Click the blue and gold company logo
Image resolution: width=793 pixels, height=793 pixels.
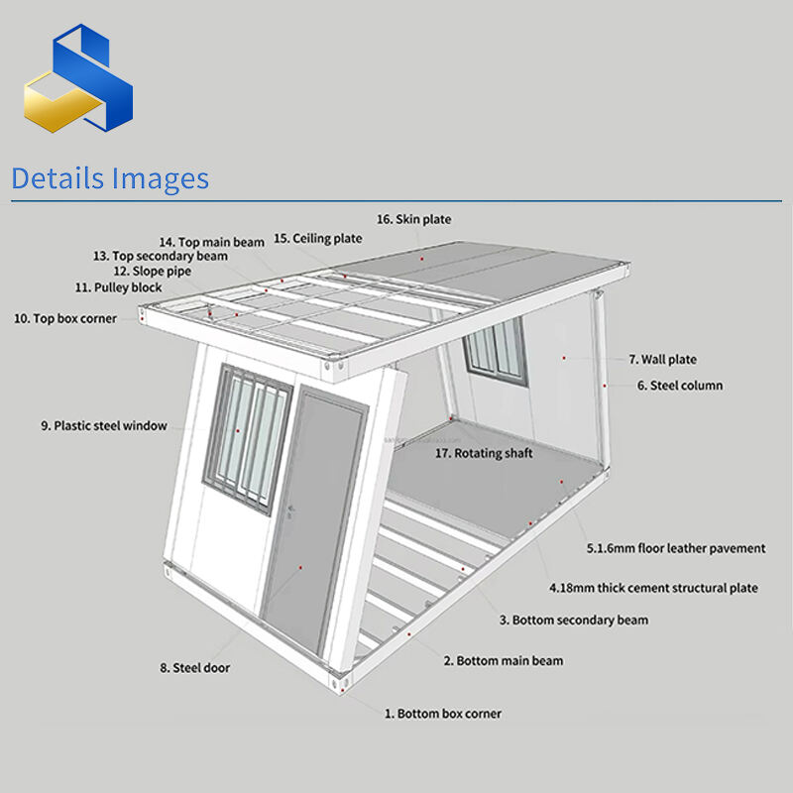pos(78,78)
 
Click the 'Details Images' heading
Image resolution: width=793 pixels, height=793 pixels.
pos(110,178)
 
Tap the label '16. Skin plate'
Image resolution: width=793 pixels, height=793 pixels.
pos(413,219)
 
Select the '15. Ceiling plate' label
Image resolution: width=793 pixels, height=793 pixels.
pos(317,238)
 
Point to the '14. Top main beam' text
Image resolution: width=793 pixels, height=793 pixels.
pos(212,242)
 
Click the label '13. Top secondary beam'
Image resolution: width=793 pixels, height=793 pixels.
pos(161,256)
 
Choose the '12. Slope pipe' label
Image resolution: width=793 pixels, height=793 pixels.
pos(153,271)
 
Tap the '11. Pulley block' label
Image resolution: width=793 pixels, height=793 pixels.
pos(118,287)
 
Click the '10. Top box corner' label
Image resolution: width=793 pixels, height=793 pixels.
pos(65,318)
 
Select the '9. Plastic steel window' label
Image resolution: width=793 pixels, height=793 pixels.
pos(104,426)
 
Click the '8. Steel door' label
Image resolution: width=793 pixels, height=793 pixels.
pos(194,668)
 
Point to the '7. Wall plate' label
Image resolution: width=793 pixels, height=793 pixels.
pos(662,360)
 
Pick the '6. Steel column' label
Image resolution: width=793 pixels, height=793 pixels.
pos(680,386)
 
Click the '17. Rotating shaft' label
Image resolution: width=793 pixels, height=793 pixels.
pos(484,453)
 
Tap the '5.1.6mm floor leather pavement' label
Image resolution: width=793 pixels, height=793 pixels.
pos(676,548)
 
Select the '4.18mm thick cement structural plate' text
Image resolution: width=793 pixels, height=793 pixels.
pos(653,588)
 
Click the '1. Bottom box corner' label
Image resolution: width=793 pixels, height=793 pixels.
pos(443,714)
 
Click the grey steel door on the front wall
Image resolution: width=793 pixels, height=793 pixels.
pos(313,521)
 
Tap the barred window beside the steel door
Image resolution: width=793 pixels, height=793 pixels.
pos(247,438)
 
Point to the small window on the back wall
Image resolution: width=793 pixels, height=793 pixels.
pos(496,351)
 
